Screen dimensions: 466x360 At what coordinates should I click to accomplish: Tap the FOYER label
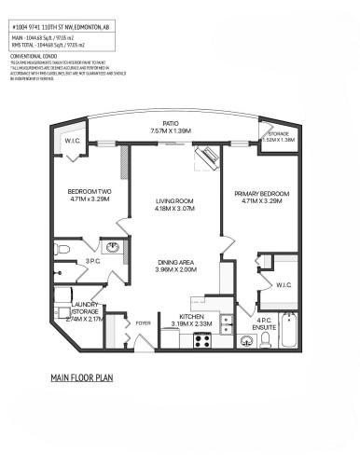[143, 323]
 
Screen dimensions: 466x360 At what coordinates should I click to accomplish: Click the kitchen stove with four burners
[173, 341]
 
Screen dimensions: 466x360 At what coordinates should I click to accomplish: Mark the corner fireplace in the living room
[206, 158]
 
